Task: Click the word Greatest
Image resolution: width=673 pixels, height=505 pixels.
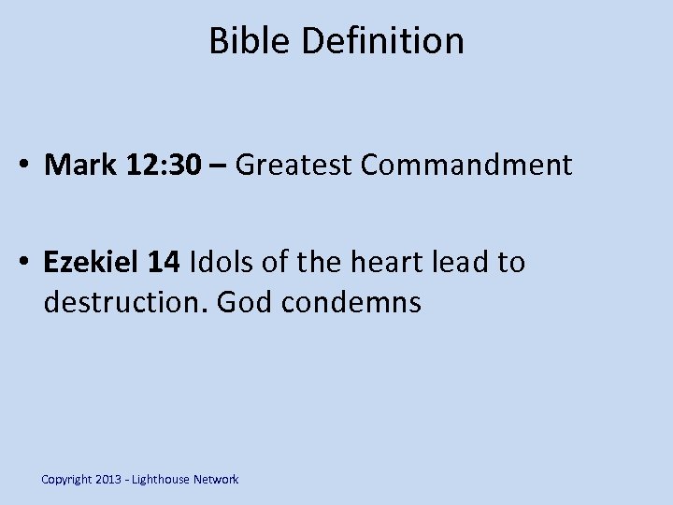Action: point(294,166)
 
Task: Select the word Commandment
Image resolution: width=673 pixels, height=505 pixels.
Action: point(466,166)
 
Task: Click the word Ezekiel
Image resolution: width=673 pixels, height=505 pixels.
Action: point(92,263)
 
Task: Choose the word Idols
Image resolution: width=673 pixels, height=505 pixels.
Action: point(223,263)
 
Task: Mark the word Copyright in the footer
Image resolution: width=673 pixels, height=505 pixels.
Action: point(67,480)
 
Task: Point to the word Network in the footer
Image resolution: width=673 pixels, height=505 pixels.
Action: point(216,480)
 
